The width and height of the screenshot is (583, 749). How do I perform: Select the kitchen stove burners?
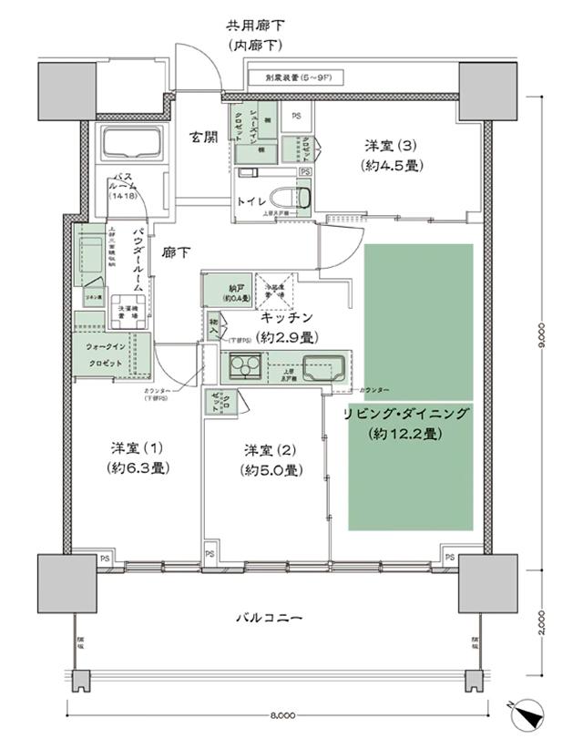(x=243, y=369)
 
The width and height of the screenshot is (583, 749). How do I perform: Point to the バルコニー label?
(x=272, y=618)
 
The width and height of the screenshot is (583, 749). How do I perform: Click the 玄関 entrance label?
(x=203, y=138)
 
